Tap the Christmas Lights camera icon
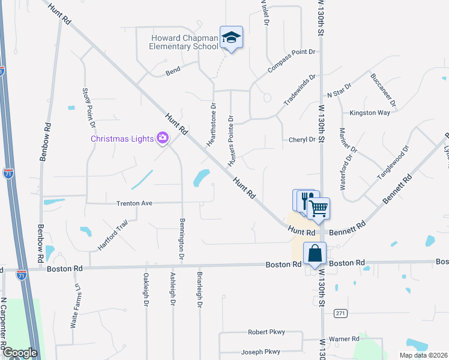coord(162,139)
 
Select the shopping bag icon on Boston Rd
coord(315,254)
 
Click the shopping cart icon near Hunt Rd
coord(319,208)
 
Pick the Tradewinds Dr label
coord(300,90)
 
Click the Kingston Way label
coord(370,113)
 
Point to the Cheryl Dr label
coord(303,139)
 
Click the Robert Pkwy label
coord(267,332)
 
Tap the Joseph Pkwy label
coord(261,352)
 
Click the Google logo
coord(20,352)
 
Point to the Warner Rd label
coord(343,339)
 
